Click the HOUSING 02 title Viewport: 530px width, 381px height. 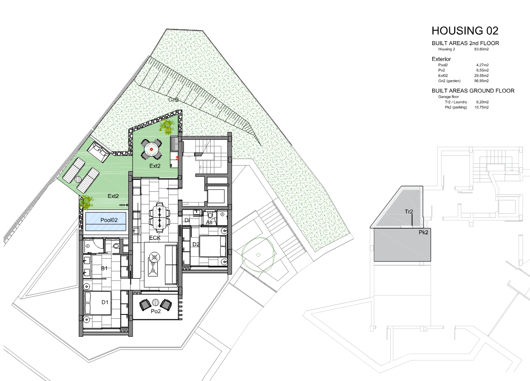[465, 31]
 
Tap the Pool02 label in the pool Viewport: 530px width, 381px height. [109, 220]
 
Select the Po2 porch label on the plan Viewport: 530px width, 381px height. [155, 311]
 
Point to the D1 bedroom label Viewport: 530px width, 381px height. [105, 302]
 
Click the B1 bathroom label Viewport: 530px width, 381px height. [104, 268]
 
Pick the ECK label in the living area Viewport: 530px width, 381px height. [155, 238]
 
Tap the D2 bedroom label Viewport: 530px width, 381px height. [196, 244]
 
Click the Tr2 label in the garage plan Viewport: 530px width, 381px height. [409, 212]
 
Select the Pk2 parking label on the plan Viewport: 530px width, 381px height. [423, 233]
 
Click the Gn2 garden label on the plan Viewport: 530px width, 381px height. [173, 100]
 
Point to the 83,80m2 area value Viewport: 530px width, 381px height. [481, 49]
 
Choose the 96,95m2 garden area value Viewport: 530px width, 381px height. [481, 81]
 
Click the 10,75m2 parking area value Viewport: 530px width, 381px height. [481, 107]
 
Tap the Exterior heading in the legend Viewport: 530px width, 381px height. [441, 59]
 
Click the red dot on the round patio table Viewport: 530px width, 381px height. [152, 149]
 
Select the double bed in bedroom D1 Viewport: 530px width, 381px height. [98, 303]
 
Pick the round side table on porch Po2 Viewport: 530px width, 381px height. [155, 303]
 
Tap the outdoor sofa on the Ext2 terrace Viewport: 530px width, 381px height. [99, 152]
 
